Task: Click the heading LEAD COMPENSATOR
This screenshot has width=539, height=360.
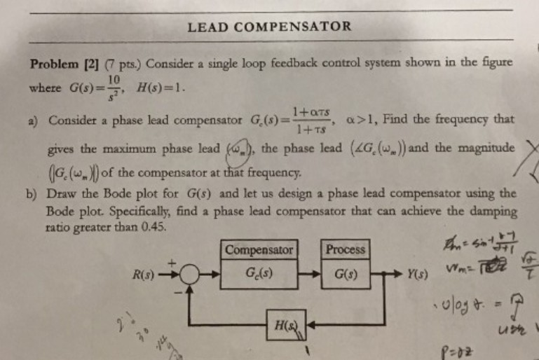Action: [x=269, y=27]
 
